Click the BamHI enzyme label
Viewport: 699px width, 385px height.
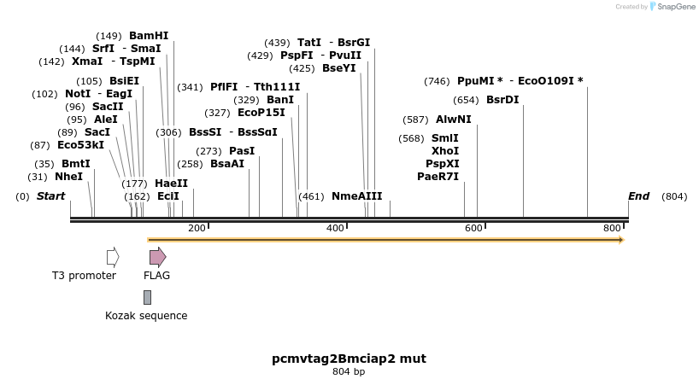tap(149, 36)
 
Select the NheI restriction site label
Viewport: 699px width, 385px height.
tap(68, 177)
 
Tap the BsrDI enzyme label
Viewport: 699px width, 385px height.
tap(502, 100)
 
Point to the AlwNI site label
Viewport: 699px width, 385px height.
tap(453, 120)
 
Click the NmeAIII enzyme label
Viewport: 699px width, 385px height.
tap(357, 196)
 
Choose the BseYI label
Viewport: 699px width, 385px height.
tap(338, 68)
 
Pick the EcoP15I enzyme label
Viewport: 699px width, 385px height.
tap(261, 113)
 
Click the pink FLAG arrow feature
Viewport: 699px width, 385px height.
tap(157, 257)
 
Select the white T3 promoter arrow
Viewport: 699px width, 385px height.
tap(113, 257)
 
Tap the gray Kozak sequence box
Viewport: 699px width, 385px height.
tap(147, 297)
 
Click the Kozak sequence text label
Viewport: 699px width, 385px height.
tap(146, 316)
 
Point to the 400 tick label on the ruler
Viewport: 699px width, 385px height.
tap(335, 228)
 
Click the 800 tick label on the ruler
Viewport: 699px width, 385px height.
tap(612, 228)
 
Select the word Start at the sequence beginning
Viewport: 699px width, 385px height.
tap(50, 196)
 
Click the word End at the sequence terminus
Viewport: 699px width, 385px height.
tap(638, 196)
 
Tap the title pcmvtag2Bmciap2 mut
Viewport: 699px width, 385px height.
tap(349, 359)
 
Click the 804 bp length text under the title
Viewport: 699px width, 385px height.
tap(349, 372)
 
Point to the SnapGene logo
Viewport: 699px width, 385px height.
tap(673, 7)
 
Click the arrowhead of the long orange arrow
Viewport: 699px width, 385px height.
tap(621, 240)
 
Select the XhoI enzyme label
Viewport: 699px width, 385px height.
tap(445, 149)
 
